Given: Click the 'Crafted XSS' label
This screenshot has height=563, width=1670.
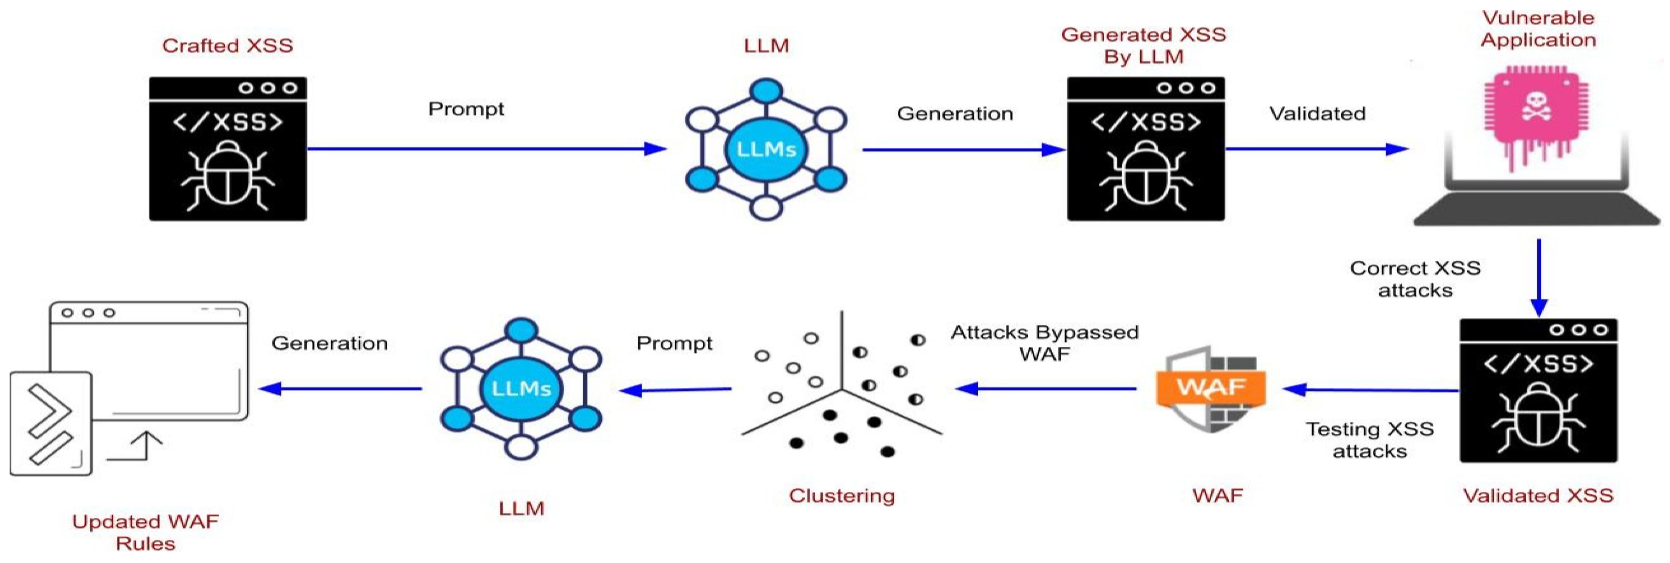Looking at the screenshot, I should click(x=228, y=45).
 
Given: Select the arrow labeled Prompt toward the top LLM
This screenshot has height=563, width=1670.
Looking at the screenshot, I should click(x=486, y=149).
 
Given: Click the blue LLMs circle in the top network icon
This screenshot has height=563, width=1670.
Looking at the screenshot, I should click(x=766, y=149).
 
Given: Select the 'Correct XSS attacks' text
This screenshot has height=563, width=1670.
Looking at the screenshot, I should click(x=1415, y=279).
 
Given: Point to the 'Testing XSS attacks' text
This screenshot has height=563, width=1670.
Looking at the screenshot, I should click(x=1369, y=440).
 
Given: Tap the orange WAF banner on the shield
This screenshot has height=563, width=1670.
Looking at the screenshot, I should click(x=1210, y=387).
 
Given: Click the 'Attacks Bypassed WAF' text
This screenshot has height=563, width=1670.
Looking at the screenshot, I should click(x=1044, y=343).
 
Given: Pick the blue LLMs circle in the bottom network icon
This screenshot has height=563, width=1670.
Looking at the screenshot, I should click(x=521, y=389).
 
